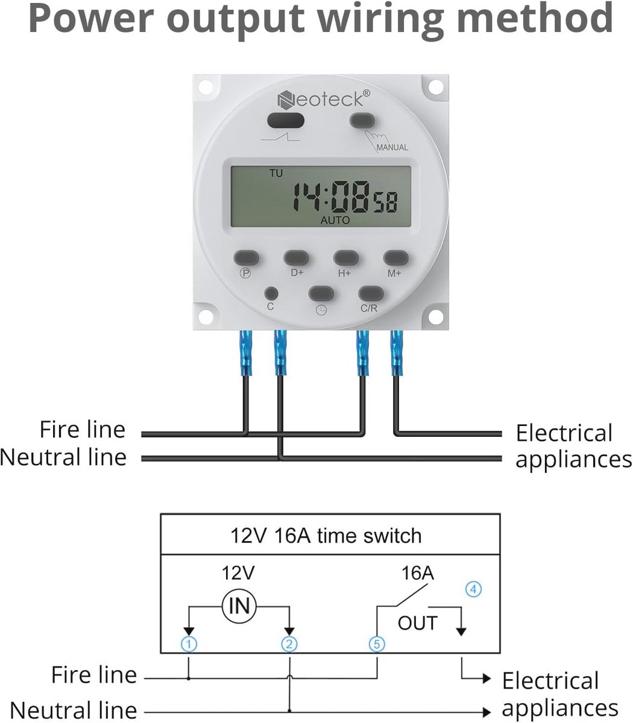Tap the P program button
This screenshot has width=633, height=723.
(x=246, y=258)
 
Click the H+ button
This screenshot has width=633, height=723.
(x=346, y=258)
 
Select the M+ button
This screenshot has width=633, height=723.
(x=395, y=258)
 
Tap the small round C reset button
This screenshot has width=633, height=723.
(x=271, y=293)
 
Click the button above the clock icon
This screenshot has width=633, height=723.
(x=321, y=293)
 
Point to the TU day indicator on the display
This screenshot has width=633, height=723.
(x=276, y=173)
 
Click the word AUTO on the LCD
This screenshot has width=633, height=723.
(x=335, y=220)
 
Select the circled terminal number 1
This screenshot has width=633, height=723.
(x=189, y=644)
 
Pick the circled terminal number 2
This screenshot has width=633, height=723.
(x=289, y=644)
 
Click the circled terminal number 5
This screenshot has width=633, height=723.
(x=377, y=644)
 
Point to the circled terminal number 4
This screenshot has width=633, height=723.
(x=473, y=589)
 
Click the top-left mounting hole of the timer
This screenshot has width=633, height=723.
(x=205, y=87)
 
